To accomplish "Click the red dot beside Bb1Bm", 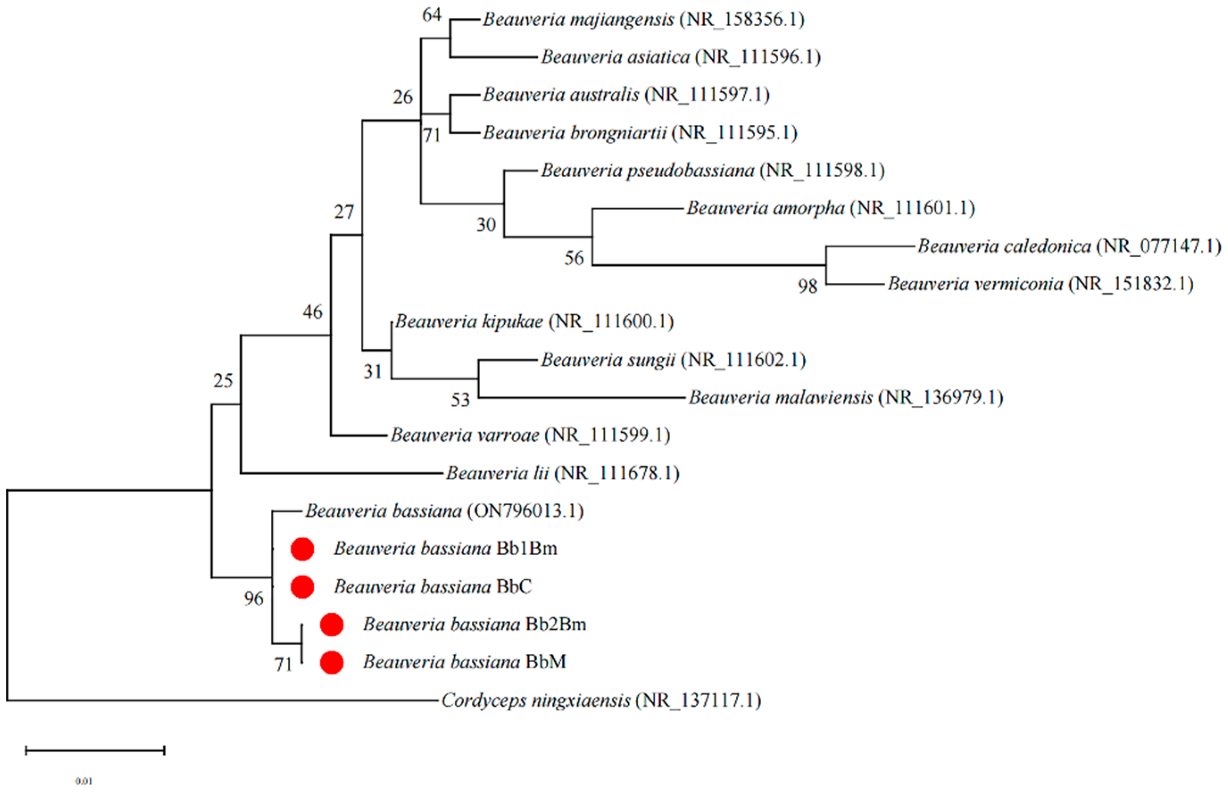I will click(302, 549).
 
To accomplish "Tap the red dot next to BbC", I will click(302, 587).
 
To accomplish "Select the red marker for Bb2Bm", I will click(331, 624).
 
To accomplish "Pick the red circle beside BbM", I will click(331, 662).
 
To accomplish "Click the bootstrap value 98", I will click(807, 286).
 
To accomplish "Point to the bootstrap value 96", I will click(253, 598).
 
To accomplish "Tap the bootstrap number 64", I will click(431, 15).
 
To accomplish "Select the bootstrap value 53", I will click(460, 400).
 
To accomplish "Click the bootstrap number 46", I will click(312, 312).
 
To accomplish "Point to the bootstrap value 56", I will click(574, 258).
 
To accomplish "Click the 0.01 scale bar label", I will click(84, 781).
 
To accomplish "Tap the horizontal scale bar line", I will click(95, 751).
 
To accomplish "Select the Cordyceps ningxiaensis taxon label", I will click(601, 701).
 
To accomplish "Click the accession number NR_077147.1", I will click(1158, 246).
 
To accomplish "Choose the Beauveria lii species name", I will click(497, 473).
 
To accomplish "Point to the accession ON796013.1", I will click(525, 511).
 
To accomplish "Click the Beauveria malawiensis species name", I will click(780, 397).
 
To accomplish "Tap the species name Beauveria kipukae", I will click(469, 322).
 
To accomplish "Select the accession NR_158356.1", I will click(741, 20).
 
